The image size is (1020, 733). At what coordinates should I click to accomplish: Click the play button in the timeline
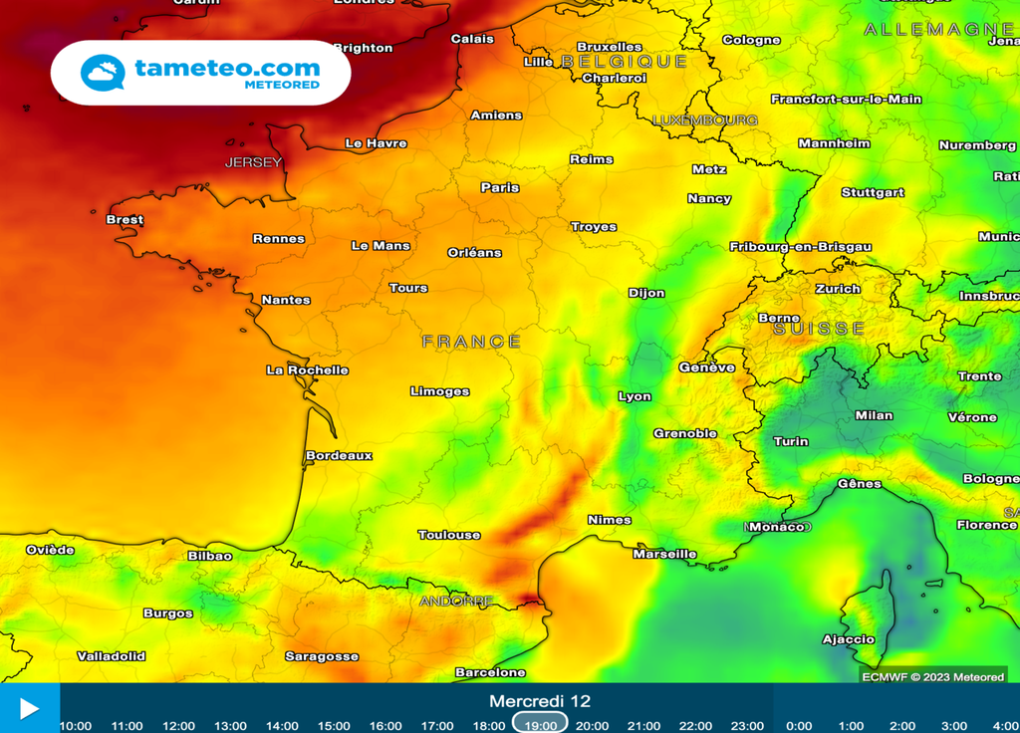pyautogui.click(x=29, y=708)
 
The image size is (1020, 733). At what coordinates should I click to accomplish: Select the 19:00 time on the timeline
pyautogui.click(x=541, y=725)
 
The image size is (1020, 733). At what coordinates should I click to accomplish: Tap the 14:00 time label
pyautogui.click(x=282, y=726)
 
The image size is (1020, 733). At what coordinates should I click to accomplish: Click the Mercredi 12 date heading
pyautogui.click(x=539, y=701)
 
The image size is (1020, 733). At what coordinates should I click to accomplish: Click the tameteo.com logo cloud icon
pyautogui.click(x=103, y=73)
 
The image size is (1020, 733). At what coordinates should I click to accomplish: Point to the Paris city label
pyautogui.click(x=500, y=187)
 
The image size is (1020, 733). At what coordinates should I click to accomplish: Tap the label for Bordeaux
pyautogui.click(x=339, y=455)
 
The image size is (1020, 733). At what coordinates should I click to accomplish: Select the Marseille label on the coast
pyautogui.click(x=664, y=554)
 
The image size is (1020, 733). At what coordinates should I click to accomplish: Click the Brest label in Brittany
pyautogui.click(x=125, y=219)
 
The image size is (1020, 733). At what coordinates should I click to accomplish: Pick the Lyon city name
pyautogui.click(x=635, y=396)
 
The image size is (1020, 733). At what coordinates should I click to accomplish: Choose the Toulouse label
pyautogui.click(x=449, y=535)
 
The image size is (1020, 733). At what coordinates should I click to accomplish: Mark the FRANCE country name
pyautogui.click(x=471, y=342)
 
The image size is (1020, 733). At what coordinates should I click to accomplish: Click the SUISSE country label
pyautogui.click(x=819, y=329)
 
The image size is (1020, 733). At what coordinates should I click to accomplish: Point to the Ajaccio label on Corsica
pyautogui.click(x=848, y=639)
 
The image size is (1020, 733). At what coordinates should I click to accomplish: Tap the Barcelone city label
pyautogui.click(x=490, y=672)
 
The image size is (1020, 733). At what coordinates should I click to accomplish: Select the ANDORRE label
pyautogui.click(x=456, y=601)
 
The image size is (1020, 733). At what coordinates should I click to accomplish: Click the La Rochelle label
pyautogui.click(x=307, y=369)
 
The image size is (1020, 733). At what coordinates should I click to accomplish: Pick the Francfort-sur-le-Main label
pyautogui.click(x=846, y=99)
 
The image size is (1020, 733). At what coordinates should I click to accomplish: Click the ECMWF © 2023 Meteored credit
pyautogui.click(x=932, y=677)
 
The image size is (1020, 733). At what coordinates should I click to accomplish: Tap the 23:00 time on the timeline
pyautogui.click(x=747, y=726)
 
